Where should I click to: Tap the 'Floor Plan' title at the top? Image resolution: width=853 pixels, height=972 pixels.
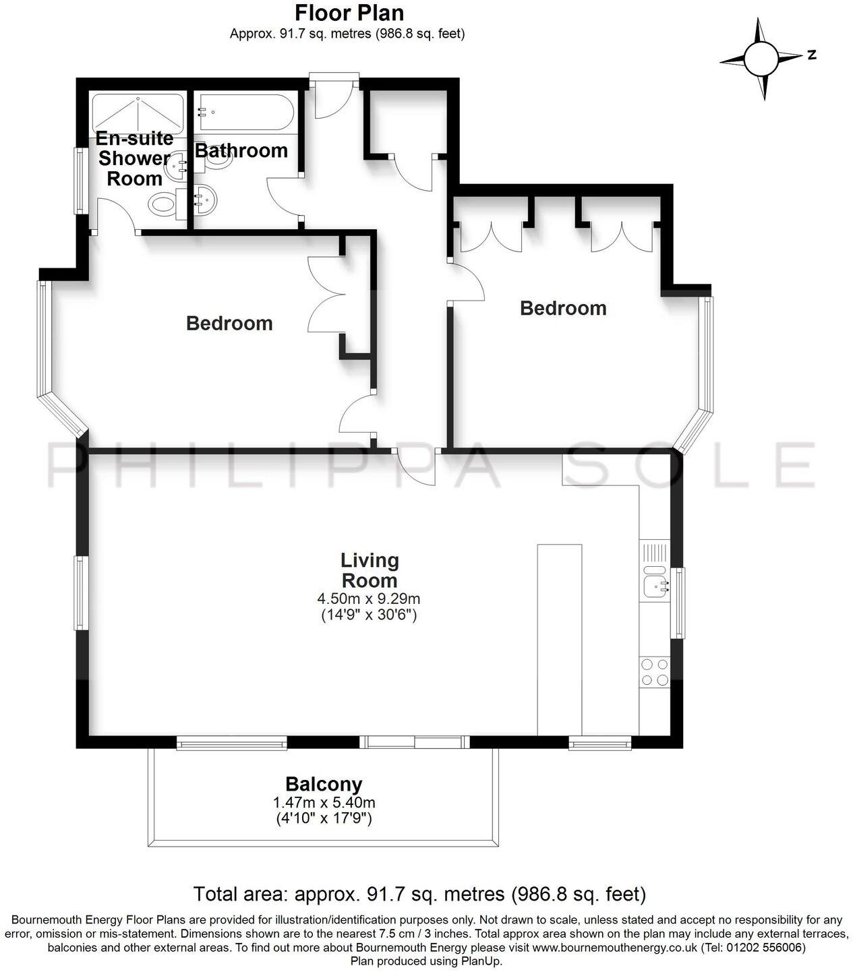(x=350, y=13)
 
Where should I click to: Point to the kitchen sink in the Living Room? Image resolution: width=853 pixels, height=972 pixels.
(x=654, y=585)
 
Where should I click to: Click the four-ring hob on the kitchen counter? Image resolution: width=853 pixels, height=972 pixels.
(x=654, y=671)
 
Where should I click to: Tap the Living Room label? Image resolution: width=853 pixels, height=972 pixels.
(x=370, y=570)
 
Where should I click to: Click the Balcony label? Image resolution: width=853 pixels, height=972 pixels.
(x=324, y=784)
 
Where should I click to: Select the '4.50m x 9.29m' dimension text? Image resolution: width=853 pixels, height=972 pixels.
(x=369, y=599)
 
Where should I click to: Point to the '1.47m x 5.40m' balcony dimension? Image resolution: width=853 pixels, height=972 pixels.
(x=324, y=803)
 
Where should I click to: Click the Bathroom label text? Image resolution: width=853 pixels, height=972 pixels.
(x=241, y=150)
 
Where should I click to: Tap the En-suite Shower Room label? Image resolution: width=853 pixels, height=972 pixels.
(x=134, y=158)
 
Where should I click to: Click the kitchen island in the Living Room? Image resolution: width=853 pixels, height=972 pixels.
(x=559, y=639)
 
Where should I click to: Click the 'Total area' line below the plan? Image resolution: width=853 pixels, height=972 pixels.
(x=419, y=894)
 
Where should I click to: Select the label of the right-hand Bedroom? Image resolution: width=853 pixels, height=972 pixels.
(x=563, y=308)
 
